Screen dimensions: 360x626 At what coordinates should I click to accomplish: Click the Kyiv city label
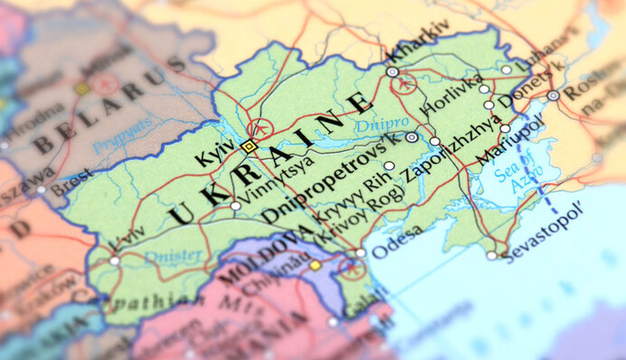[x=215, y=153]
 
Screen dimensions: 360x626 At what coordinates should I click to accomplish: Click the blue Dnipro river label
[x=375, y=123]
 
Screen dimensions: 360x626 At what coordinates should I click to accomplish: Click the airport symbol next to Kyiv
[x=261, y=128]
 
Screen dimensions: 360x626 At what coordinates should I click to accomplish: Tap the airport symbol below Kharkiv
[x=403, y=85]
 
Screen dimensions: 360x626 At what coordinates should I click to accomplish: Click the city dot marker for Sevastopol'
[x=491, y=255]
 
